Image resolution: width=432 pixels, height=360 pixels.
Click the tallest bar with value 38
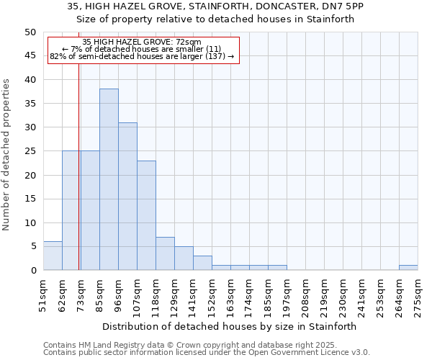point(109,179)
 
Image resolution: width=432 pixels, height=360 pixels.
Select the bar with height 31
point(127,196)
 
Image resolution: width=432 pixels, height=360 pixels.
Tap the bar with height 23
point(146,215)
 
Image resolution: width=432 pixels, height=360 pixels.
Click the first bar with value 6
point(53,256)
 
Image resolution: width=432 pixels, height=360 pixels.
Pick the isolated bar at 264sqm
point(408,267)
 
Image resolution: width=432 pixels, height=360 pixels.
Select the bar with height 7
point(165,253)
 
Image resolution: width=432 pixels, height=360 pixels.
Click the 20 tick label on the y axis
point(30,175)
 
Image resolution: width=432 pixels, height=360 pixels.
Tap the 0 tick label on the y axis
point(32,271)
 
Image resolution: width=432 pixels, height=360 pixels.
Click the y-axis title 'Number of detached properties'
point(7,155)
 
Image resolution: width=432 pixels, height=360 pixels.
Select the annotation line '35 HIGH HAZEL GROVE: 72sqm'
point(142,42)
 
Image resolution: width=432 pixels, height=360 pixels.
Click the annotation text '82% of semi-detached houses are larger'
point(142,56)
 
